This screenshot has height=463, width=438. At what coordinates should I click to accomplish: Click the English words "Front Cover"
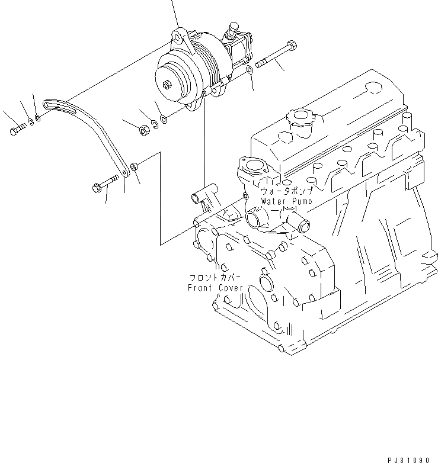215,288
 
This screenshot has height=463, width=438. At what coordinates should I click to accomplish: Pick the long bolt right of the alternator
275,54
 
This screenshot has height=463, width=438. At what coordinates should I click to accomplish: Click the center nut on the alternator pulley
170,84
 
